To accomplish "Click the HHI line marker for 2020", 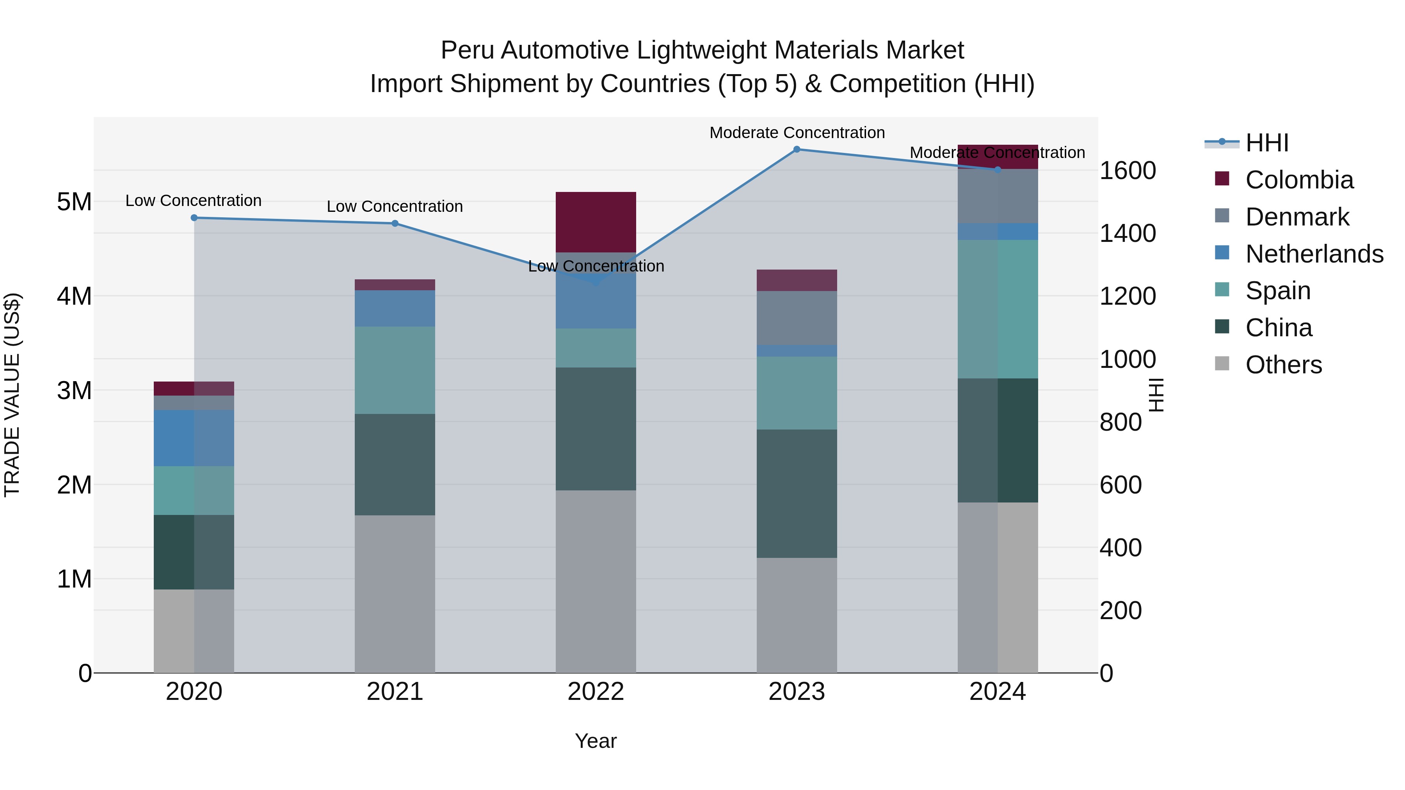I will click(x=194, y=218).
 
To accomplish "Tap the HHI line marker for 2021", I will click(x=395, y=224).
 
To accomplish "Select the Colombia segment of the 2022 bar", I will click(x=596, y=222).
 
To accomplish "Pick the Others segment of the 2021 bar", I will click(x=395, y=594).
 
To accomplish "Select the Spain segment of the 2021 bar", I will click(x=395, y=370).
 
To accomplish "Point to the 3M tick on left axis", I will click(x=74, y=391).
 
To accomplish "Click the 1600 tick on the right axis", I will click(x=1127, y=170).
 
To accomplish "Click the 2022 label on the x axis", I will click(x=596, y=692).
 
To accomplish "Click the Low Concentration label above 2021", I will click(x=395, y=207).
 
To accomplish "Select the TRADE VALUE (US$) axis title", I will click(x=12, y=395).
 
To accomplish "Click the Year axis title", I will click(x=596, y=741).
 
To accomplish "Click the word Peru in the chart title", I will click(x=468, y=50).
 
